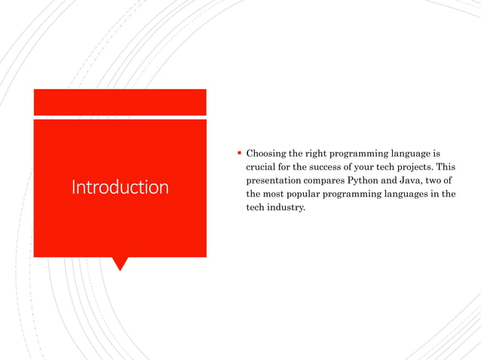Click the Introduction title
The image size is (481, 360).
(x=120, y=187)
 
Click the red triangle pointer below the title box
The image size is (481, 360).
(x=120, y=264)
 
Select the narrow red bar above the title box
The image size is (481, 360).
(x=120, y=101)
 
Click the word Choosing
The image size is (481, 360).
(x=268, y=153)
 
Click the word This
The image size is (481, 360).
(x=446, y=166)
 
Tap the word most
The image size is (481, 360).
(x=276, y=194)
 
